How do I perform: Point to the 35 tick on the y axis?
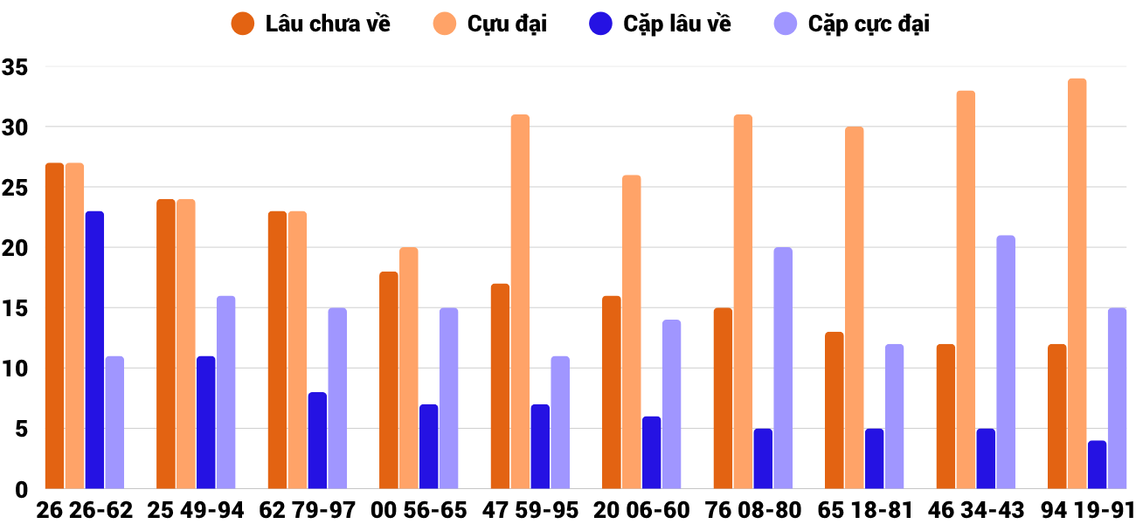tap(17, 67)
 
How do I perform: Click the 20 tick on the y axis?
tap(17, 248)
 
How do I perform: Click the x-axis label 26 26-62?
tap(85, 510)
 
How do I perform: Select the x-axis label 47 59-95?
tap(530, 510)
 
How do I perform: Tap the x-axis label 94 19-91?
tap(1087, 510)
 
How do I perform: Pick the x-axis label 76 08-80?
tap(753, 510)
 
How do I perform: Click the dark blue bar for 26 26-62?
tap(94, 349)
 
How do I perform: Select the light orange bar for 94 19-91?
tap(1077, 284)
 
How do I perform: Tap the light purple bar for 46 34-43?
tap(1005, 362)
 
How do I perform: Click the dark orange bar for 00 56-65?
tap(389, 380)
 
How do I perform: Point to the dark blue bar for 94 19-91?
tap(1098, 465)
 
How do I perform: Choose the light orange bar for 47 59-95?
tap(520, 301)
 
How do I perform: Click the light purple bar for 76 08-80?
tap(783, 368)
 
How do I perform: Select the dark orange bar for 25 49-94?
tap(166, 344)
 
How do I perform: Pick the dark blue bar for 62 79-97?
tap(317, 440)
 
